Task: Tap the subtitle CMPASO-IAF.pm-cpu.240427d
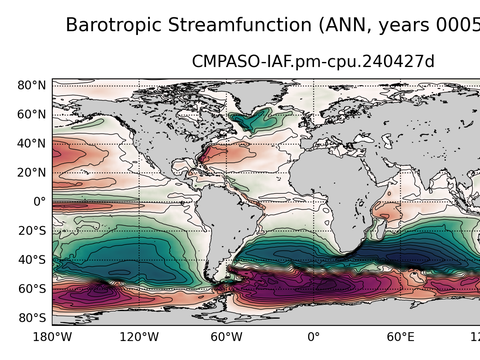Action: coord(313,62)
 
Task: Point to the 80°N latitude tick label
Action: coord(32,86)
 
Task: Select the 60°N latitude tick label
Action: coord(32,115)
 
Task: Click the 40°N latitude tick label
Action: coord(32,144)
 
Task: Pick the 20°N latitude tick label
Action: coord(32,173)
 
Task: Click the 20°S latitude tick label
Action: coord(32,231)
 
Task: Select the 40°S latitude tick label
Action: coord(32,260)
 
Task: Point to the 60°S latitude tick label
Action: coord(32,289)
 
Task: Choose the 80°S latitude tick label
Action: coord(32,318)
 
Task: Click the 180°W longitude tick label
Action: coord(52,337)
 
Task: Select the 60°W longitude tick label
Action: coord(226,337)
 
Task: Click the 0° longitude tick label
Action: coord(313,337)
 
